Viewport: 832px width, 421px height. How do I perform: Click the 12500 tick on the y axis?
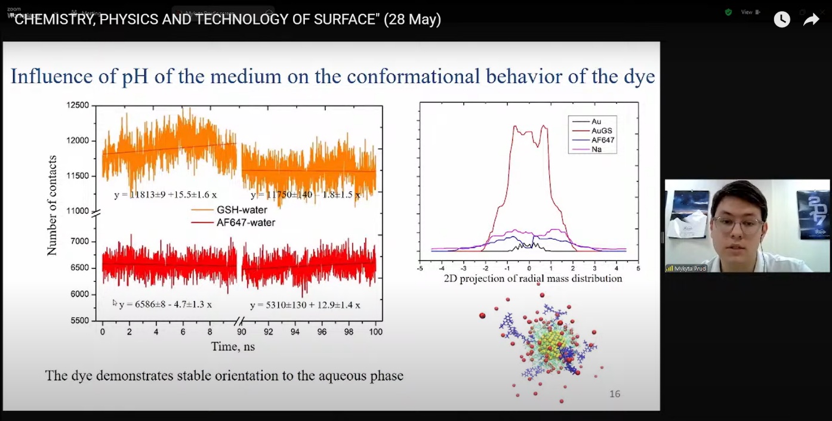pyautogui.click(x=77, y=106)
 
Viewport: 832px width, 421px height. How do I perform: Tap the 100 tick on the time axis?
pyautogui.click(x=375, y=332)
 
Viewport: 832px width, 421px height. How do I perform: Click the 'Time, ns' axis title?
pyautogui.click(x=233, y=346)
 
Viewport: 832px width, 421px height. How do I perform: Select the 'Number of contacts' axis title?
pyautogui.click(x=52, y=206)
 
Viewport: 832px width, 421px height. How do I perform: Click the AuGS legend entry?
pyautogui.click(x=602, y=131)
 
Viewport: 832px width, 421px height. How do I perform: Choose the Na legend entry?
pyautogui.click(x=596, y=149)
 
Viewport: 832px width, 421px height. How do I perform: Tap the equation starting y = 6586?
pyautogui.click(x=165, y=305)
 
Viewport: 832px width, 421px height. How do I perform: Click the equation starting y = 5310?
pyautogui.click(x=305, y=305)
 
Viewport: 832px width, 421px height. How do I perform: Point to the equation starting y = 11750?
pyautogui.click(x=305, y=195)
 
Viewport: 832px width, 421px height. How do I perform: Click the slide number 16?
pyautogui.click(x=615, y=394)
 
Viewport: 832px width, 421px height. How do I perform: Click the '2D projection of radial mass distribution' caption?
pyautogui.click(x=532, y=278)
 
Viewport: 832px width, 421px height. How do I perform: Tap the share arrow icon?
pyautogui.click(x=811, y=20)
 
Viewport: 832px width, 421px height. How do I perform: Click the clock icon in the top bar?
pyautogui.click(x=782, y=20)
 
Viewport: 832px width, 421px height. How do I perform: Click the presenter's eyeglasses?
pyautogui.click(x=738, y=225)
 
